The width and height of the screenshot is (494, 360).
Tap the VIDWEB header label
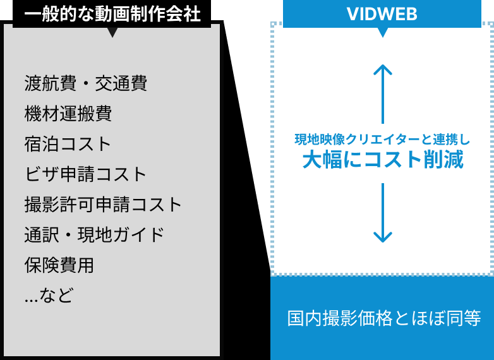click(382, 14)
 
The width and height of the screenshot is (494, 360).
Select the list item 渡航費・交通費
click(86, 83)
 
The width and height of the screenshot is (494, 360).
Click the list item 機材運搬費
click(68, 114)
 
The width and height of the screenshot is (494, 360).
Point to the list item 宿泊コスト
click(68, 144)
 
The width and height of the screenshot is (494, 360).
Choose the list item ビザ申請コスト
click(86, 174)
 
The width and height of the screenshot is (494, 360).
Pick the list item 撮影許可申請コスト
click(104, 205)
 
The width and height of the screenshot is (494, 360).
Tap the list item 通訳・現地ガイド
click(95, 235)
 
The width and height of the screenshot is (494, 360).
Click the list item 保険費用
click(59, 265)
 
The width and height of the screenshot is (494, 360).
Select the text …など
click(49, 295)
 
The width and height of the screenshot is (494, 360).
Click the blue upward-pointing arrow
click(383, 92)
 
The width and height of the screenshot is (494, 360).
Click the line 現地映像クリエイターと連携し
click(383, 139)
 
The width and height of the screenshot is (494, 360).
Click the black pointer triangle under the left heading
click(112, 32)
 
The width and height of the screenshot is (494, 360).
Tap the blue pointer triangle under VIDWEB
click(382, 32)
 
